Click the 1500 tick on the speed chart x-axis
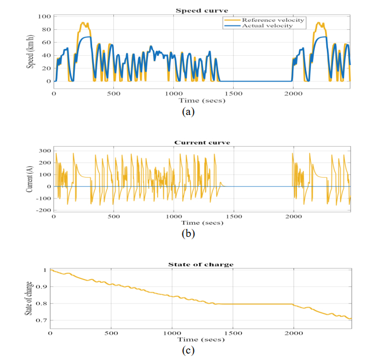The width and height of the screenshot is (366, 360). tap(233, 93)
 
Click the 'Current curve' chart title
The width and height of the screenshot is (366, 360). tap(201, 142)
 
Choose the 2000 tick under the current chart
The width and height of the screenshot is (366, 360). tap(293, 217)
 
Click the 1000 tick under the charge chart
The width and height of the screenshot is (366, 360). tap(172, 334)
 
